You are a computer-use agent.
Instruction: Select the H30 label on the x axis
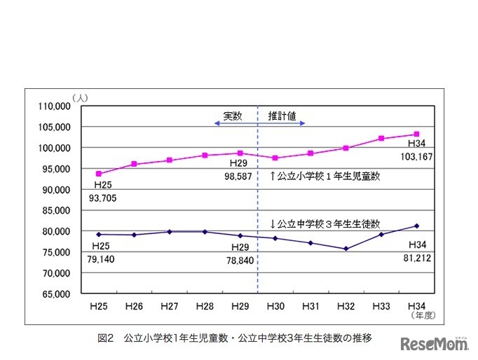[274, 307]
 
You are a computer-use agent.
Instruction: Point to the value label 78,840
[238, 259]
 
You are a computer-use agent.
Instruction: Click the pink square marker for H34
[416, 134]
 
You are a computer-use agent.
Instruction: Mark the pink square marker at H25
[100, 174]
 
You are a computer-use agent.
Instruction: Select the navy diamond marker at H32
[346, 249]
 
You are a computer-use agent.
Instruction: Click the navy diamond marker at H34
[416, 226]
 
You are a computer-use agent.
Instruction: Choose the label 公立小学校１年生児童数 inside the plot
[325, 176]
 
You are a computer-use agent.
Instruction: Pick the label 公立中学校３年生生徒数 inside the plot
[325, 224]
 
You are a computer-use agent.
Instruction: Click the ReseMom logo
[435, 343]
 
